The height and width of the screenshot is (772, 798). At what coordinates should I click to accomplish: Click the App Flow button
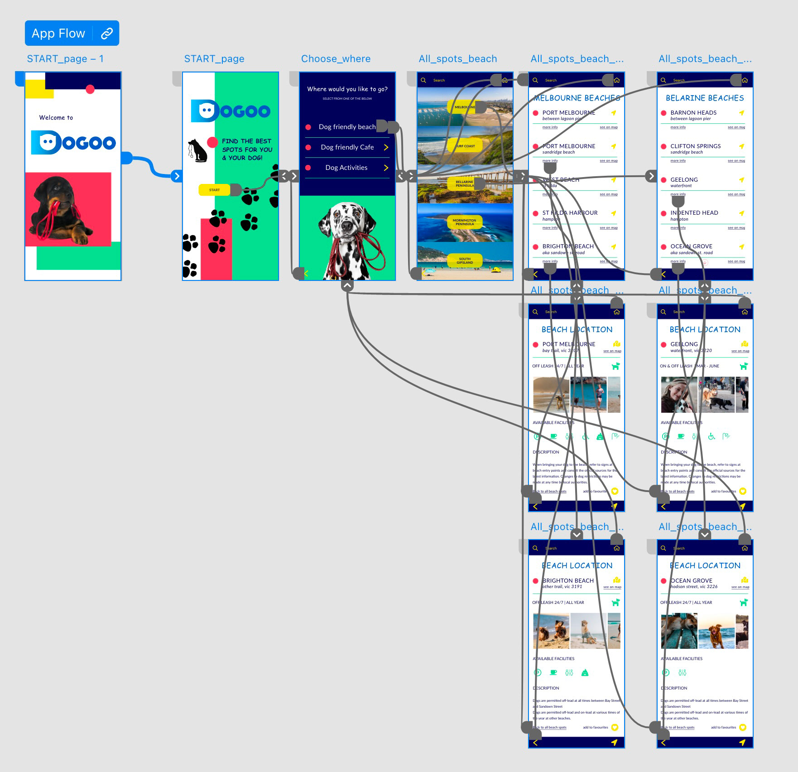coord(59,33)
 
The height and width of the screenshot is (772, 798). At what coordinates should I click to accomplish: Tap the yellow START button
coord(215,190)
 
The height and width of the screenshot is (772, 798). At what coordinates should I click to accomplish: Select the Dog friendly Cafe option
coord(347,147)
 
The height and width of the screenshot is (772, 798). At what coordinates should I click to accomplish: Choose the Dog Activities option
coord(346,168)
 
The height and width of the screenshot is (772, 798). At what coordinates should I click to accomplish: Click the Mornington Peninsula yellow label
coord(465,222)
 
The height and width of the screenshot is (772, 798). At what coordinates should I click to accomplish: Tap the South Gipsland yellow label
coord(465,261)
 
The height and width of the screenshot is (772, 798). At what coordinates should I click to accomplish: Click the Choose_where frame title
coord(336,59)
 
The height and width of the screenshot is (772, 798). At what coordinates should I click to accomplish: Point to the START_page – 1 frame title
coord(65,59)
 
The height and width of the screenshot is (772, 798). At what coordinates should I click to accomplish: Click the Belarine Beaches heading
coord(705,98)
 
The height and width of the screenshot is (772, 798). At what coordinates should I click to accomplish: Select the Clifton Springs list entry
coord(695,146)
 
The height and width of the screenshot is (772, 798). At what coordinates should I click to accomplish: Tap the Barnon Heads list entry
coord(693,113)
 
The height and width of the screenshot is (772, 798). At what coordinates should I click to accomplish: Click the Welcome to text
coord(56,117)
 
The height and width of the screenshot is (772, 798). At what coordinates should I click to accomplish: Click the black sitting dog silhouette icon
coord(197,150)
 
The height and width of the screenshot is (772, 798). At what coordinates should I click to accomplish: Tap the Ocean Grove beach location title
coord(691,580)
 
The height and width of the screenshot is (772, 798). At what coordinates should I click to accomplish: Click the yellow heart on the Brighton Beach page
coord(615,728)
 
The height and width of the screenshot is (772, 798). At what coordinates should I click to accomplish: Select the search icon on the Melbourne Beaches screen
coord(535,80)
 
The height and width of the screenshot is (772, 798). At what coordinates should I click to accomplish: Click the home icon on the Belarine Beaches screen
coord(745,80)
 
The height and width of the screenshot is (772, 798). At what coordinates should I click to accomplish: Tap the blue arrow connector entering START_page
coord(177,176)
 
